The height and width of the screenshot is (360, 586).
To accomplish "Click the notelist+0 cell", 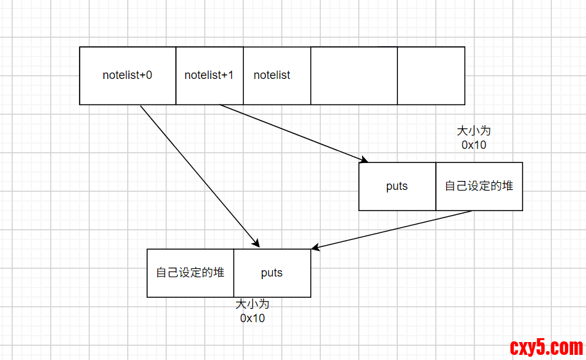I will pyautogui.click(x=127, y=75).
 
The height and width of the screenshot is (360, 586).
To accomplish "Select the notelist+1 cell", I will pyautogui.click(x=209, y=75).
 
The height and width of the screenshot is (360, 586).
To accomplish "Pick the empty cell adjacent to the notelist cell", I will pyautogui.click(x=354, y=75).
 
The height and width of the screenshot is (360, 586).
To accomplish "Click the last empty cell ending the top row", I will pyautogui.click(x=431, y=75).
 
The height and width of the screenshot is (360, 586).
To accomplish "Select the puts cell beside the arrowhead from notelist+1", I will pyautogui.click(x=397, y=186).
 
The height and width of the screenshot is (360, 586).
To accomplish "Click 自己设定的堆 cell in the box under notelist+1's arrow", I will pyautogui.click(x=479, y=186).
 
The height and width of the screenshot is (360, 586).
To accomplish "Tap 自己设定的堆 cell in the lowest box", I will pyautogui.click(x=190, y=273).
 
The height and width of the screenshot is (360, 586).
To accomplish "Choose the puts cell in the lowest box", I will pyautogui.click(x=271, y=273).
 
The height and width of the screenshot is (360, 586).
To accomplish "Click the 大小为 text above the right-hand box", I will pyautogui.click(x=474, y=131).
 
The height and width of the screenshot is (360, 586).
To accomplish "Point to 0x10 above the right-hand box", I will pyautogui.click(x=474, y=145).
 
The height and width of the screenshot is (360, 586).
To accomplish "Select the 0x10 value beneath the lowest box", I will pyautogui.click(x=252, y=318).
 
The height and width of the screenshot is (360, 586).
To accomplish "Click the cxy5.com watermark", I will pyautogui.click(x=546, y=348).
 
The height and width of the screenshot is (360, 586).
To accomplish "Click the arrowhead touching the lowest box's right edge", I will pyautogui.click(x=315, y=248).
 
